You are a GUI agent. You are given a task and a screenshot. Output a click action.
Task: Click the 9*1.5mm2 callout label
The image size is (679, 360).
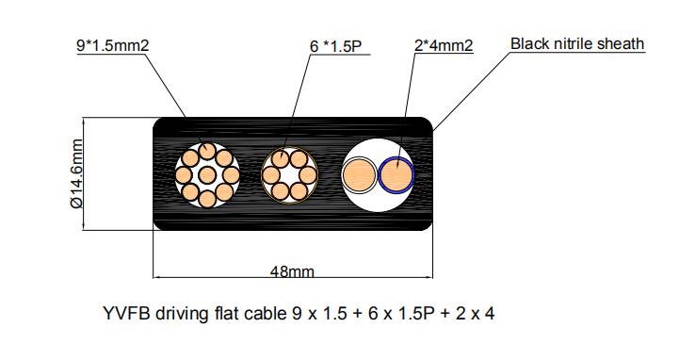coord(114,45)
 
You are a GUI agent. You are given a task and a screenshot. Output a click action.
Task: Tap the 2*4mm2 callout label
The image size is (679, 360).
coord(443,45)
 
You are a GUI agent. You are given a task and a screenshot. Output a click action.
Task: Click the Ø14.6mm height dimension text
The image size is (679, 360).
coord(78,174)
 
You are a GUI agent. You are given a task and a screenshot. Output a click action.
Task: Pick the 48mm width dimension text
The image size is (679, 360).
coord(292,271)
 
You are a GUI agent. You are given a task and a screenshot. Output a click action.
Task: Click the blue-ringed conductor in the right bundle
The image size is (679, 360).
coord(396,174)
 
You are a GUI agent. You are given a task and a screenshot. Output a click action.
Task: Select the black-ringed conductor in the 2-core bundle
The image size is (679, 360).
coord(359,175)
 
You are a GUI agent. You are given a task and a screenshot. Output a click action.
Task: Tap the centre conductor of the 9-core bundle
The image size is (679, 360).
coord(207,174)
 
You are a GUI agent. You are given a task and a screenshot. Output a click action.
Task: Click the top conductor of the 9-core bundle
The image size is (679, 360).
coord(208,151)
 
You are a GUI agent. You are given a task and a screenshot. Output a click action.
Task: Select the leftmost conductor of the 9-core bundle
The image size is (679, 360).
coord(185,174)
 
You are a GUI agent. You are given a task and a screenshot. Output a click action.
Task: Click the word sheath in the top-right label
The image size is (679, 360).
coord(622,44)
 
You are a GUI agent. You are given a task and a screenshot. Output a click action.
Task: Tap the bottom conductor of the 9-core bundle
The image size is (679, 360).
coord(208,198)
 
